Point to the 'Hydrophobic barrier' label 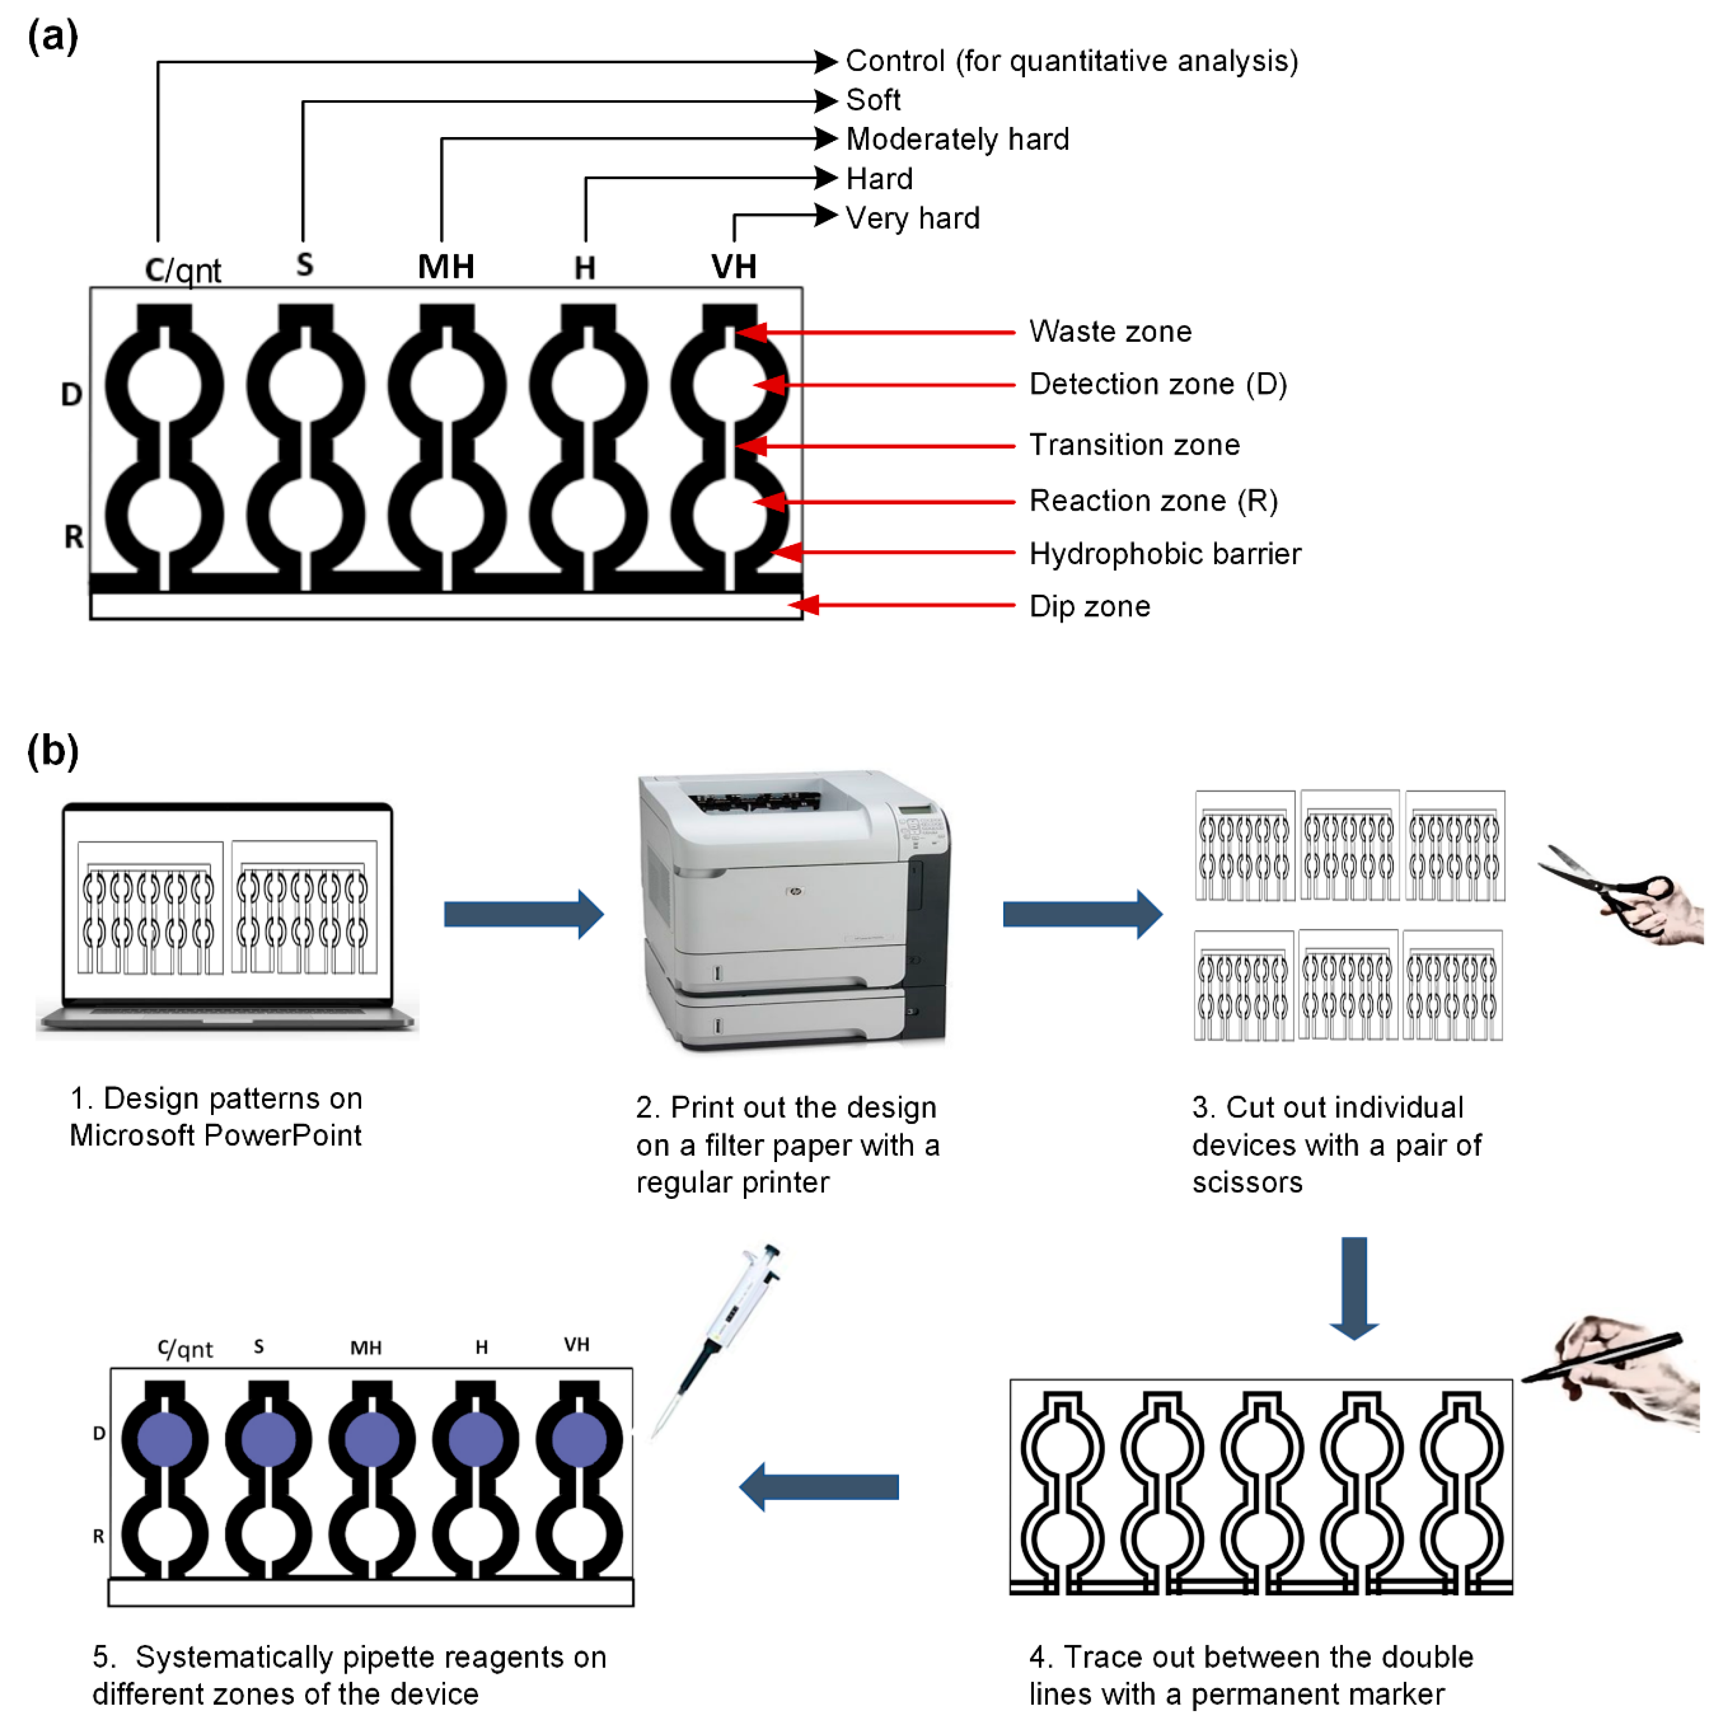coord(1164,554)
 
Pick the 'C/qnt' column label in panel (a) coord(183,270)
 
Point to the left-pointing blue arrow coord(818,1487)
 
